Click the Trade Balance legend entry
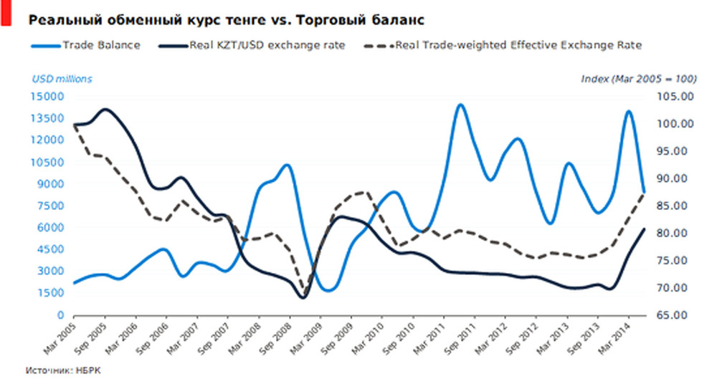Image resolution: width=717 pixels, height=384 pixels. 100,45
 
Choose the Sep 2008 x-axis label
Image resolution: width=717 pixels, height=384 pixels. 276,337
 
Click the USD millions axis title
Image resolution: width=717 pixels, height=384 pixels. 62,79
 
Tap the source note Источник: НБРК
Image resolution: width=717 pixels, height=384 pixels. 62,371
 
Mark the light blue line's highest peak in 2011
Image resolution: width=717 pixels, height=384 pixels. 460,105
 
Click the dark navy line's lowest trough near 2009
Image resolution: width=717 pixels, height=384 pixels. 302,297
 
